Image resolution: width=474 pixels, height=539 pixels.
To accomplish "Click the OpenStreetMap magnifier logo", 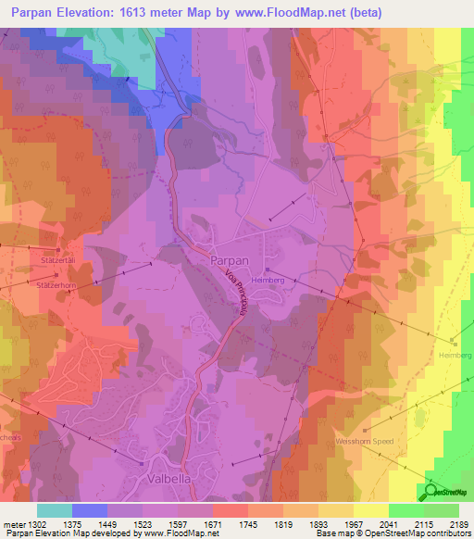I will [x=432, y=492].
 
